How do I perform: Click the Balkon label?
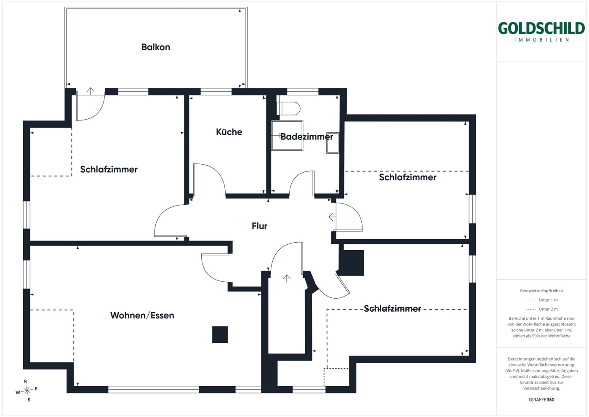click(156, 47)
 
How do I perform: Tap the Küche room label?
click(229, 132)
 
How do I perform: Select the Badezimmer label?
click(307, 136)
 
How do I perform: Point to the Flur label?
click(259, 226)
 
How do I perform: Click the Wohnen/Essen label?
click(142, 315)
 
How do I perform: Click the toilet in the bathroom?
click(288, 108)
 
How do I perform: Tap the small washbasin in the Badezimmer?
click(333, 143)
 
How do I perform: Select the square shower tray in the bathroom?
click(287, 136)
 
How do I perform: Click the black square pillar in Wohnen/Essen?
click(220, 334)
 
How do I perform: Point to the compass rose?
click(27, 390)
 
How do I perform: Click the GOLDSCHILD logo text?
click(541, 28)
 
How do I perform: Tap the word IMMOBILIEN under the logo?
click(541, 40)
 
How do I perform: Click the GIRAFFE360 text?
click(541, 400)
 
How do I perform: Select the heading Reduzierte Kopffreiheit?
click(541, 291)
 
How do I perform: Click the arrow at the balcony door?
click(91, 91)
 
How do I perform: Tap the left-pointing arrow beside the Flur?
click(332, 217)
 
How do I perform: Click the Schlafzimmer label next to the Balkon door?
click(109, 169)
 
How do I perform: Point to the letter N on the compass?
click(25, 382)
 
